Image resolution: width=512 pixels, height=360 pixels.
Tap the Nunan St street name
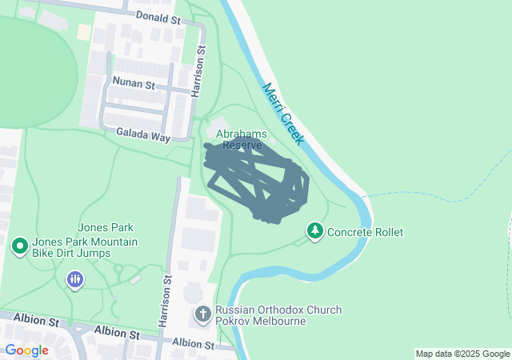pos(134,82)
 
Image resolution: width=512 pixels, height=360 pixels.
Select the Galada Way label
pos(143,137)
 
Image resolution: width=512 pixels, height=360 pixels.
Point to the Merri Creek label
pos(282,114)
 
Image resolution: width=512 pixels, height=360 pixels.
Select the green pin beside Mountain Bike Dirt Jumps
pos(19,245)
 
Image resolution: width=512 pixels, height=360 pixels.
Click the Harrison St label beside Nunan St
pos(199,71)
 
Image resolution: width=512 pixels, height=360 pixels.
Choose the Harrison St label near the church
pos(167,301)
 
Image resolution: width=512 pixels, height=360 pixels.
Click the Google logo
pos(26,350)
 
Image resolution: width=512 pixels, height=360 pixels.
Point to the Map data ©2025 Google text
pos(462,354)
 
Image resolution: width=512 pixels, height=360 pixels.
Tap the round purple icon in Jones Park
pos(74,278)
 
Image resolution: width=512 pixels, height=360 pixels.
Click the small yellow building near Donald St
pos(84,32)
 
